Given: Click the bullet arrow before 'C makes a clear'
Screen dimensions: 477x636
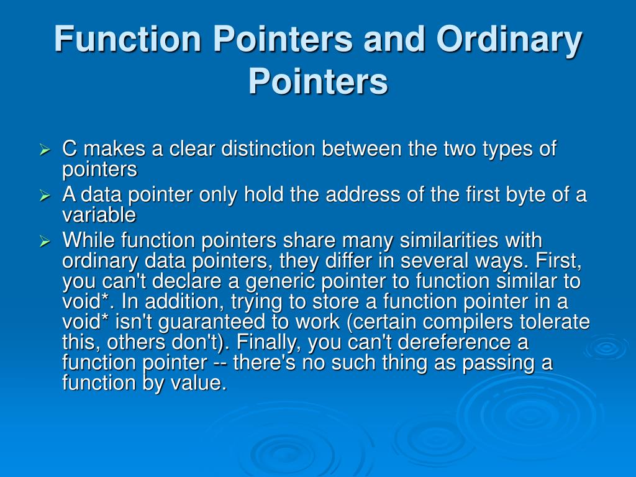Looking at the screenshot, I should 44,150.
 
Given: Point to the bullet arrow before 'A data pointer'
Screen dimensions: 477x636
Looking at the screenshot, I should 44,196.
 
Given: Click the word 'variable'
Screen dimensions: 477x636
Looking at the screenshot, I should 99,215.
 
